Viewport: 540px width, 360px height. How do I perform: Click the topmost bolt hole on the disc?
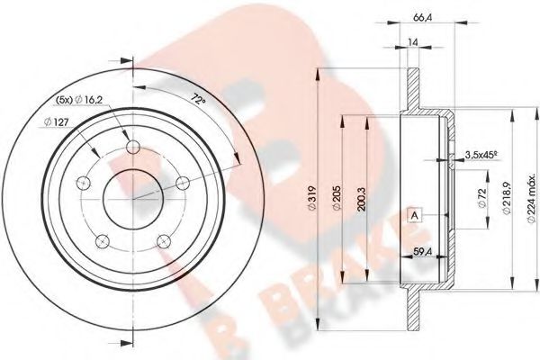click(x=134, y=148)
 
